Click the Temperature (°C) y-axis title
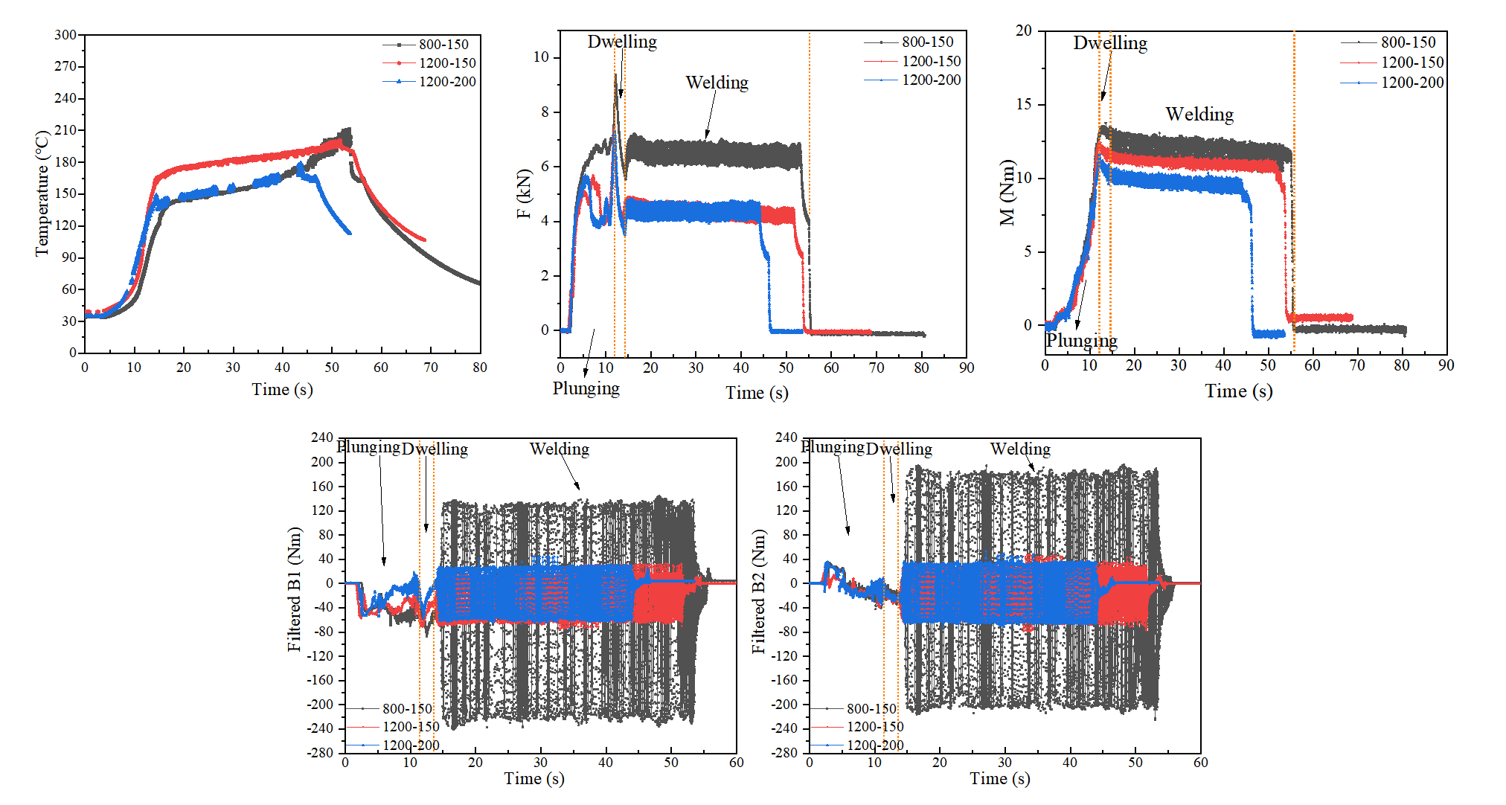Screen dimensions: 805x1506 point(42,193)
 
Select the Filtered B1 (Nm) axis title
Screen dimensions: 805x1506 point(295,589)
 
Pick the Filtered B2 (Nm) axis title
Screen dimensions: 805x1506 point(758,591)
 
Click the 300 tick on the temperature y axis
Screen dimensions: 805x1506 point(65,35)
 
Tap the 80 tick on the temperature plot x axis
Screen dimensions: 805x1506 point(480,368)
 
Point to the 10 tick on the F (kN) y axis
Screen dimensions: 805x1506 point(541,57)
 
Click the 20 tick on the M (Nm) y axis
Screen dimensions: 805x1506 point(1024,31)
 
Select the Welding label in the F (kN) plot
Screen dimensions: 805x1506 point(717,83)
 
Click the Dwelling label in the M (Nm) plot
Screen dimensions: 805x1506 point(1109,43)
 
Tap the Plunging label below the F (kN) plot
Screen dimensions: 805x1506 point(586,388)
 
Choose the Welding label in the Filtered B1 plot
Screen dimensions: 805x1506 point(559,449)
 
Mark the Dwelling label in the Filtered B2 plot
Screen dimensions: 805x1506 point(899,449)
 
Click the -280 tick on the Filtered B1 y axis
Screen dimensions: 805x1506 point(321,753)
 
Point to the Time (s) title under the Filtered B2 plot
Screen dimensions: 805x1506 point(999,779)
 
